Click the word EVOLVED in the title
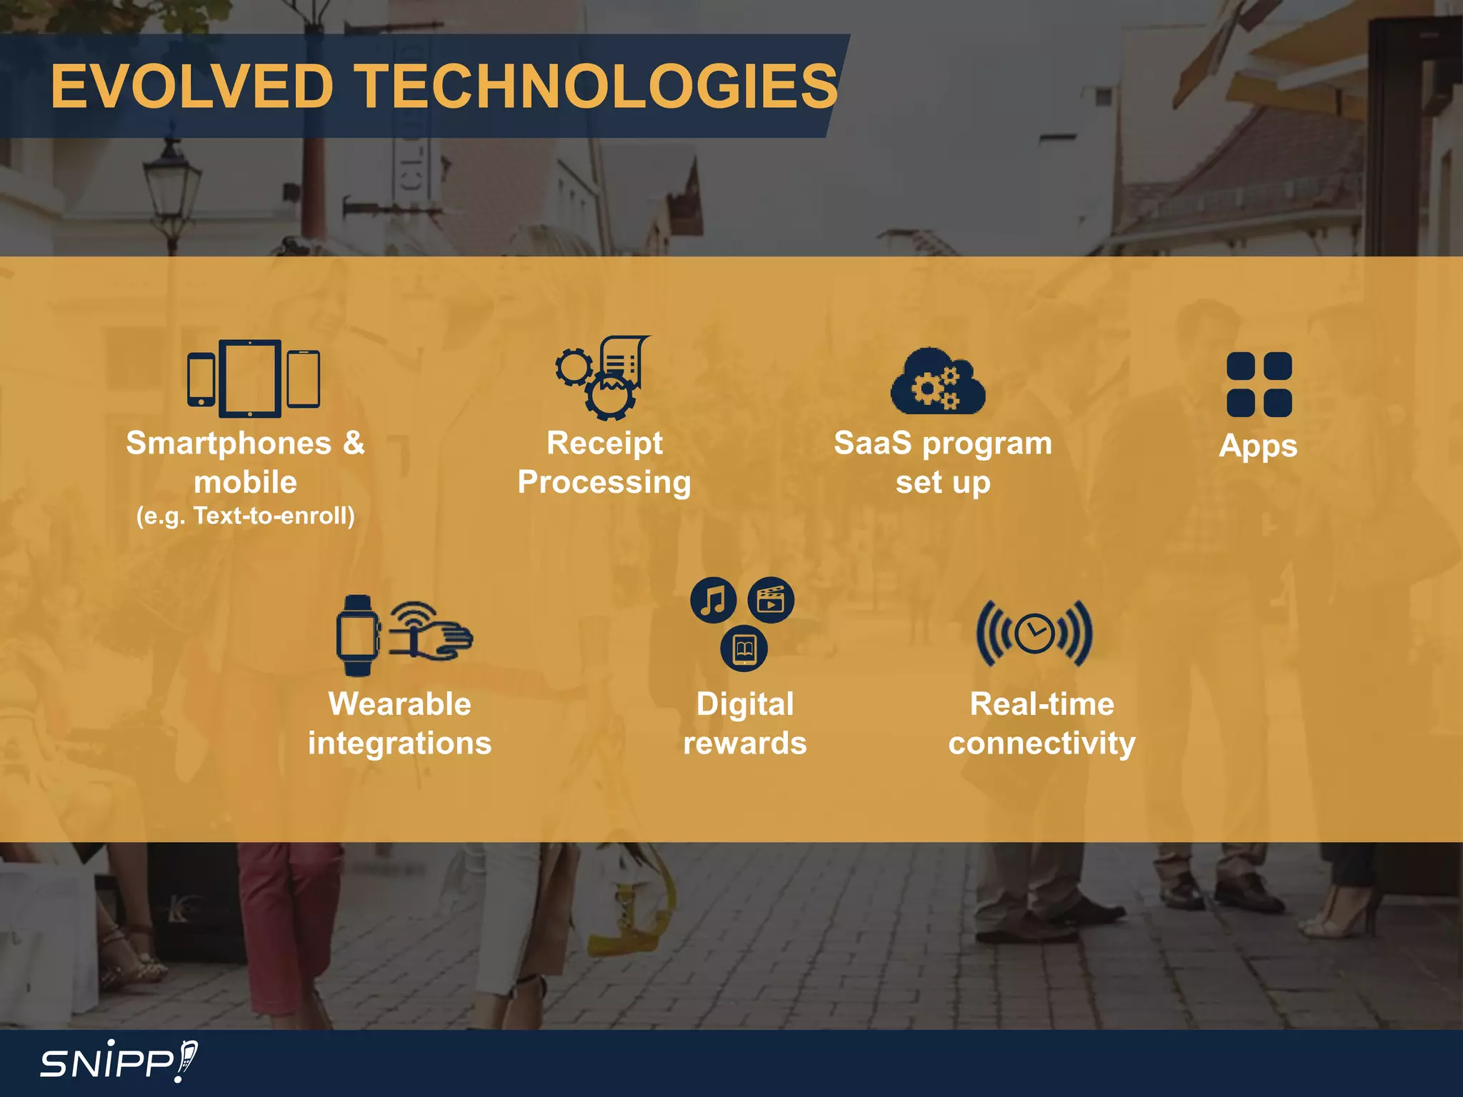pos(191,86)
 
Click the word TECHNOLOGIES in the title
pos(597,86)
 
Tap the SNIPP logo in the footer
pos(119,1062)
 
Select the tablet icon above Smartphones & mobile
pos(250,378)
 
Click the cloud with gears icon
pos(938,383)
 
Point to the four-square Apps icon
pos(1259,384)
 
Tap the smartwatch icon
pos(356,635)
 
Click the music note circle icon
pos(713,600)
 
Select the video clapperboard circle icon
pos(770,600)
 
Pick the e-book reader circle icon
pos(744,648)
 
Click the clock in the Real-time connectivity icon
pos(1034,633)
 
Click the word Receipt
pos(604,444)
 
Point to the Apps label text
pos(1258,446)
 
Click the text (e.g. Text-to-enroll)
pos(246,516)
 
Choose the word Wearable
pos(399,704)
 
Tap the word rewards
pos(744,743)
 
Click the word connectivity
pos(1042,743)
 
